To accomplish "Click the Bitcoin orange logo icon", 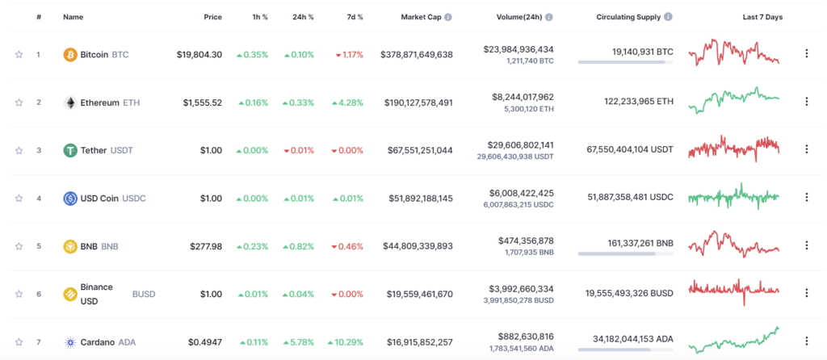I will [70, 55].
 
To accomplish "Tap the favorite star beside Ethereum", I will [19, 103].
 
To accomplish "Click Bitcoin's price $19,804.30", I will [199, 55].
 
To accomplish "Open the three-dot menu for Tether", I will [805, 150].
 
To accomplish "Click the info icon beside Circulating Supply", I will [668, 17].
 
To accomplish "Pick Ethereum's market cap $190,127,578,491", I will [416, 103].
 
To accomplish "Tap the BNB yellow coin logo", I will [70, 246].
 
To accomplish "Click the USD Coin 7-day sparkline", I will [733, 196].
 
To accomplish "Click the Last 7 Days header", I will [762, 17].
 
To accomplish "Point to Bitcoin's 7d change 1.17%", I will [348, 55].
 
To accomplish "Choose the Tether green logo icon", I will [70, 150].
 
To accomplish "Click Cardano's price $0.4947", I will [204, 342].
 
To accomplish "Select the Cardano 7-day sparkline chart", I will [733, 341].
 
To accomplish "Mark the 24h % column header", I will [303, 17].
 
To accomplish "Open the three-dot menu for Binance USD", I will [805, 294].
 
